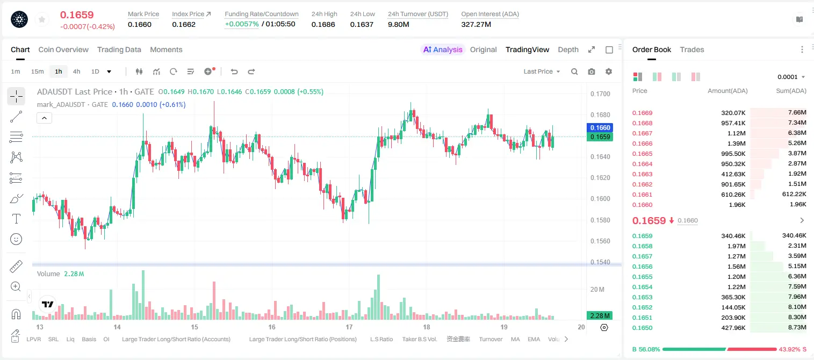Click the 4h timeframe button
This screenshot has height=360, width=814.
pos(76,71)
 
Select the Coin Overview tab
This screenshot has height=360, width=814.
pos(63,49)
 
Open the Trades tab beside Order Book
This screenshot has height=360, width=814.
pos(692,49)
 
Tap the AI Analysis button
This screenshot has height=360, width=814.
pos(443,49)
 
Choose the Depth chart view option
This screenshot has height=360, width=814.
pos(568,49)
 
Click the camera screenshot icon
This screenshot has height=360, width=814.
pos(592,71)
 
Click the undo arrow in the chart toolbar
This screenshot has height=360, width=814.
pos(234,71)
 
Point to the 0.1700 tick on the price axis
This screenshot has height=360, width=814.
pos(600,93)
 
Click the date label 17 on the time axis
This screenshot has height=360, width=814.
pos(349,327)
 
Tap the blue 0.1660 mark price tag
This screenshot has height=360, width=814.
pos(600,127)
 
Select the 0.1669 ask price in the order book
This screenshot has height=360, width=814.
pos(642,113)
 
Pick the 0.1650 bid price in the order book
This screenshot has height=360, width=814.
pos(642,328)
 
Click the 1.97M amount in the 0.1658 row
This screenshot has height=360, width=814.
pos(736,246)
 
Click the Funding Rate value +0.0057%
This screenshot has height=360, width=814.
pos(242,24)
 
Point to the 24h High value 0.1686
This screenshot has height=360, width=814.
pos(323,24)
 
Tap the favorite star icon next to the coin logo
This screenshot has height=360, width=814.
pos(42,20)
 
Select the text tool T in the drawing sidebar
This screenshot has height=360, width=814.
pos(16,219)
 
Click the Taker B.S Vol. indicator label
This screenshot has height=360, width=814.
pos(419,339)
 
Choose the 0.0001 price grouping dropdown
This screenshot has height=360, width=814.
pos(791,77)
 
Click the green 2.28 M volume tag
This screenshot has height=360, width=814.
pos(600,316)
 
